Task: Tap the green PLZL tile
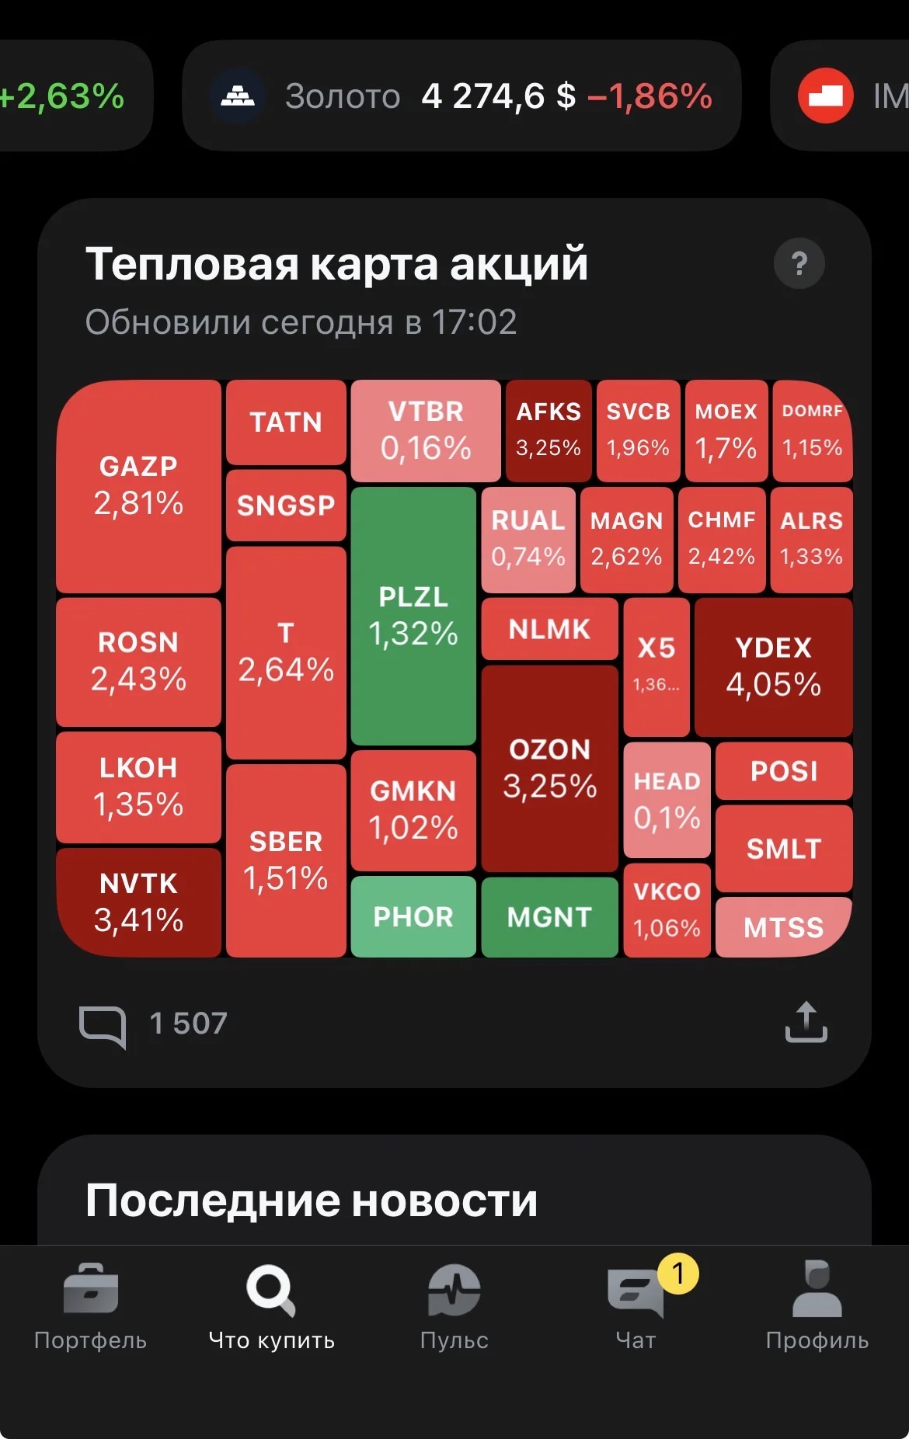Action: [413, 616]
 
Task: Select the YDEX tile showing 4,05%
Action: [773, 667]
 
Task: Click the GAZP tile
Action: [139, 487]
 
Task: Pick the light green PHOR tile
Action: [413, 916]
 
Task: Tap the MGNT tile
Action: [549, 917]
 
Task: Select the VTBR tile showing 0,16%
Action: [426, 431]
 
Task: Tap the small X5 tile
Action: [656, 667]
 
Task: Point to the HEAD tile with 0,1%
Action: [667, 800]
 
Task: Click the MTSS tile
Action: [784, 927]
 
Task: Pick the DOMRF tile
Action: [813, 431]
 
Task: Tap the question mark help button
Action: [799, 264]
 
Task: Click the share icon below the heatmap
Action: [806, 1022]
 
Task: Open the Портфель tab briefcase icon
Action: [90, 1288]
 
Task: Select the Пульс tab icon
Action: [454, 1290]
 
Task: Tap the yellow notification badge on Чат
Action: [678, 1274]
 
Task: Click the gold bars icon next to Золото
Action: [239, 96]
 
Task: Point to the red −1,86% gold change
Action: [650, 96]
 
